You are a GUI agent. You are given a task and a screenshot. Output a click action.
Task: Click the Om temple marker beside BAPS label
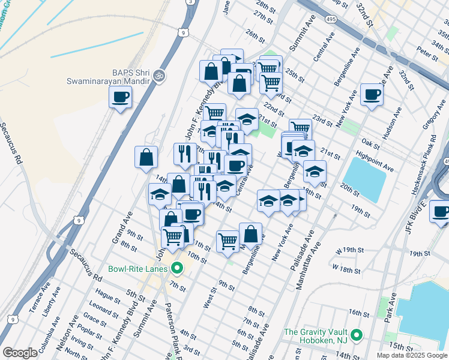[x=159, y=76]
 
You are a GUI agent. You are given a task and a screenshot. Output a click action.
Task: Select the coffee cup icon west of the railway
[x=121, y=97]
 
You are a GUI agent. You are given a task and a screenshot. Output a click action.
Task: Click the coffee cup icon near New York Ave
[x=372, y=94]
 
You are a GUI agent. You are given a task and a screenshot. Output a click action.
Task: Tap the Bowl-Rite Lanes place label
[x=137, y=268]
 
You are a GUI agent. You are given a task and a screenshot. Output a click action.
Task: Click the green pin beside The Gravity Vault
[x=356, y=334]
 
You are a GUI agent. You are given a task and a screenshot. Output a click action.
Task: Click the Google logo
[x=20, y=352]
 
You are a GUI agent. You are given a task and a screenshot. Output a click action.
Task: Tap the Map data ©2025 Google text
[x=411, y=355]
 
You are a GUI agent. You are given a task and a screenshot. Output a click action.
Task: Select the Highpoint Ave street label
[x=374, y=164]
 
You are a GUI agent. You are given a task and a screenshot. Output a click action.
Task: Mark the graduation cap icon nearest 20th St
[x=315, y=172]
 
